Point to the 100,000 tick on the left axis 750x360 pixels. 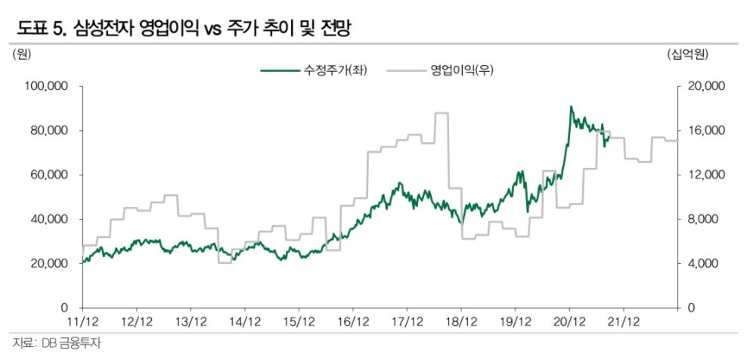click(47, 86)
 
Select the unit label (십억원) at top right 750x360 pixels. click(686, 54)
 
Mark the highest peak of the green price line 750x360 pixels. click(571, 107)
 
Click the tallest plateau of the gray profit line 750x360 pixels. click(442, 113)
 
